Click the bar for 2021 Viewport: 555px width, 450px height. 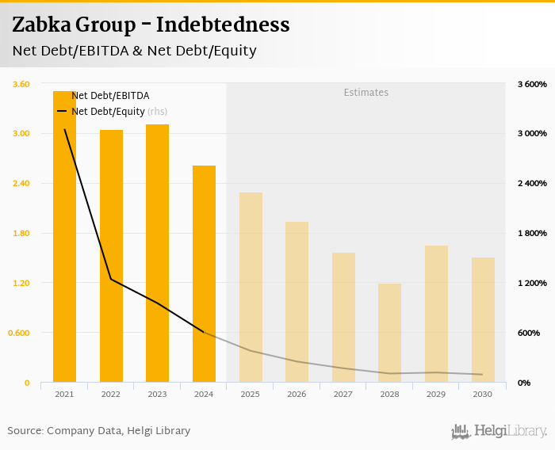point(64,238)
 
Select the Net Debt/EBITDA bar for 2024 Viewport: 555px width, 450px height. point(204,273)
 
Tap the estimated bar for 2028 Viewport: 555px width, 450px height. point(389,333)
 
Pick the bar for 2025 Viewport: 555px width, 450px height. point(251,287)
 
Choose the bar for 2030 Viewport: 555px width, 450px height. point(483,319)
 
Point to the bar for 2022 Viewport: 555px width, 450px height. point(111,255)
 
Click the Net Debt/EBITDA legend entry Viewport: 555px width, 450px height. point(110,96)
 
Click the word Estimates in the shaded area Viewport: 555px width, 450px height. point(366,93)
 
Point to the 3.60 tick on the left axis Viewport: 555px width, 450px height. point(21,84)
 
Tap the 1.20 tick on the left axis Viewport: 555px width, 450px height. point(21,283)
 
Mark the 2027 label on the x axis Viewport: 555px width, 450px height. point(343,394)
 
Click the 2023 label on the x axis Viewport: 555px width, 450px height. point(157,394)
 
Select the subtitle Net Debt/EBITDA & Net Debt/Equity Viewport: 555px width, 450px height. point(134,51)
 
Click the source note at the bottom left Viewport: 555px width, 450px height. point(99,431)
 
